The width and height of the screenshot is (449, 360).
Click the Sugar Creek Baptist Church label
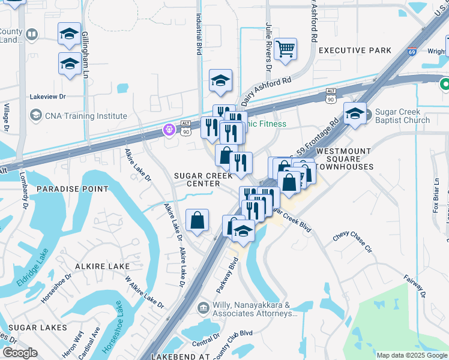[x=402, y=116]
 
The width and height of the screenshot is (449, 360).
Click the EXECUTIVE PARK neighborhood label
[x=355, y=50]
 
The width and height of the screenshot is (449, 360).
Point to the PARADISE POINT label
[x=73, y=188]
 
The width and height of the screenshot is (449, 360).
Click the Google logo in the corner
[x=20, y=353]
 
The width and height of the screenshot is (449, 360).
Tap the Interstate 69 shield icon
[x=412, y=52]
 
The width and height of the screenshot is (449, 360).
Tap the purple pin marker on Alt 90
[x=170, y=128]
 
